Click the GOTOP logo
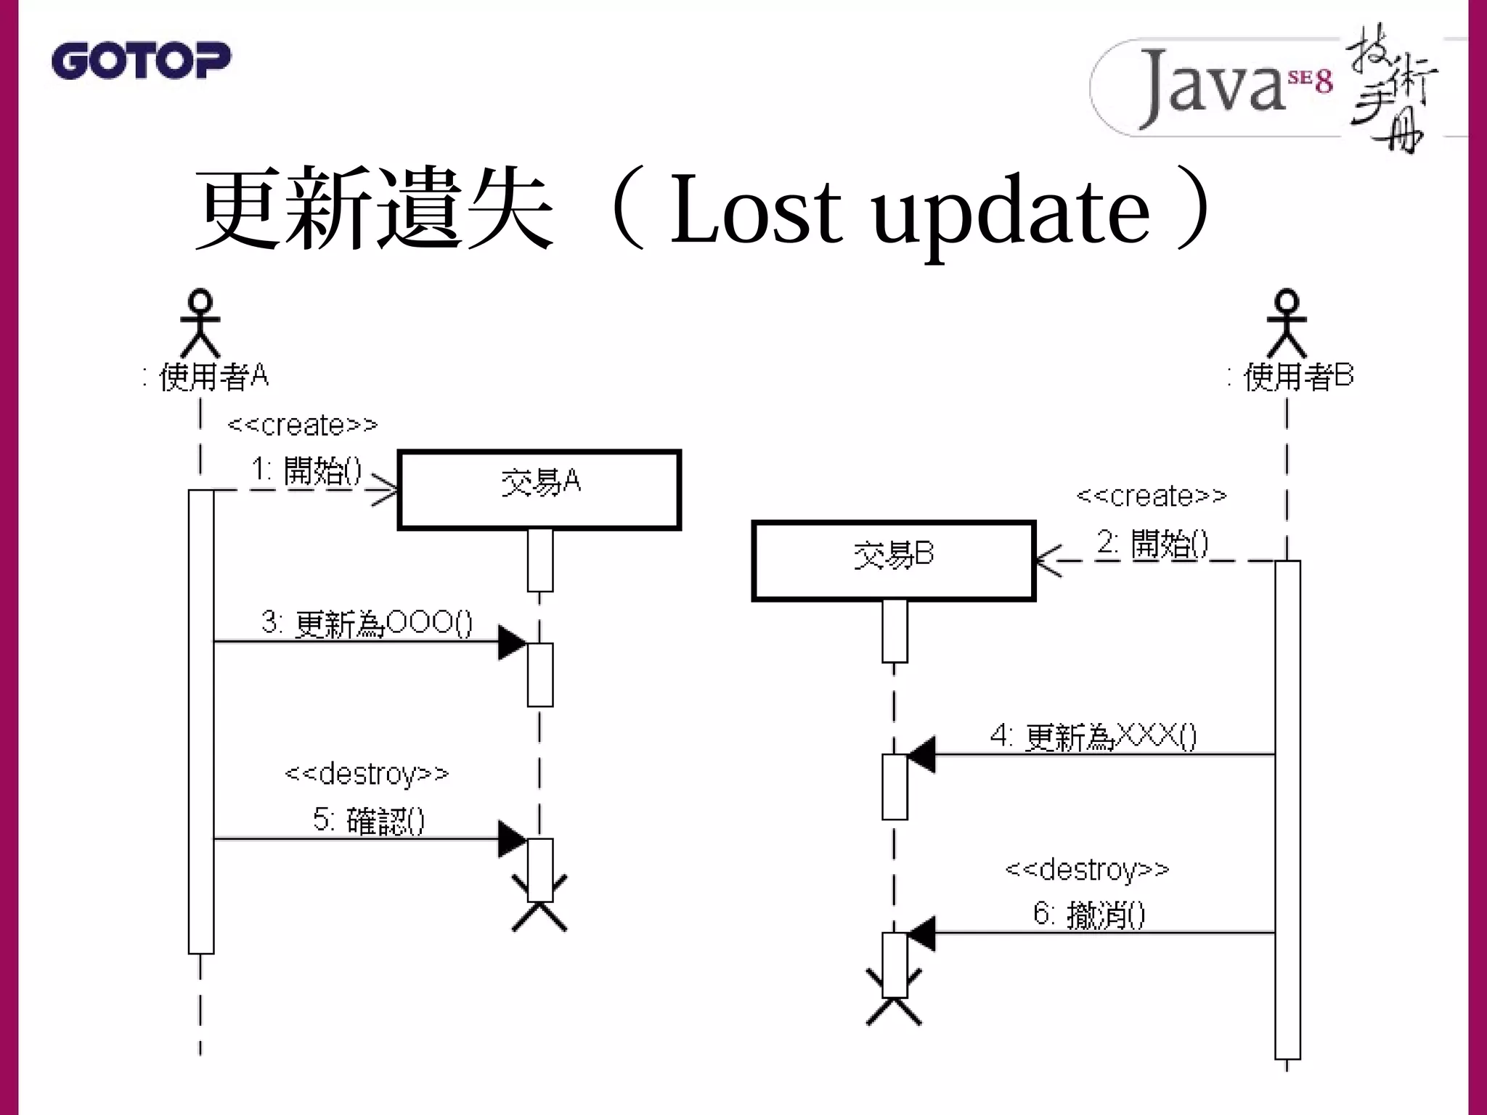(x=141, y=60)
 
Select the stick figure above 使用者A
(x=200, y=323)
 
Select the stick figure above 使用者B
(x=1287, y=323)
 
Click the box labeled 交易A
(x=539, y=490)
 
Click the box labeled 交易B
(x=893, y=561)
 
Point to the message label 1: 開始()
(x=306, y=470)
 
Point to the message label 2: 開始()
(x=1153, y=543)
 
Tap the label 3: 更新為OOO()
(x=367, y=623)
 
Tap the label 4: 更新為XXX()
(x=1093, y=737)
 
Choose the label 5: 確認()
(x=369, y=820)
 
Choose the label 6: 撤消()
(x=1089, y=914)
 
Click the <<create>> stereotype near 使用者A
(x=303, y=425)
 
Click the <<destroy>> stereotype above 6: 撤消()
(x=1087, y=869)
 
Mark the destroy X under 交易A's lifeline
(x=539, y=904)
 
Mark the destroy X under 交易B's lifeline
(x=894, y=998)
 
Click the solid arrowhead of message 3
(x=512, y=642)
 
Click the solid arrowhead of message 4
(x=921, y=755)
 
